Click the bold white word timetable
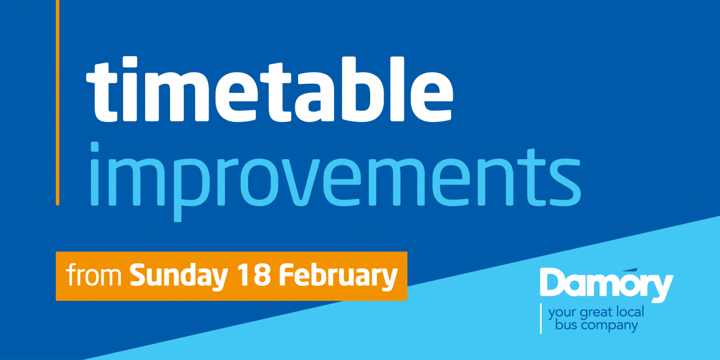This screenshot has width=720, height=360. (269, 89)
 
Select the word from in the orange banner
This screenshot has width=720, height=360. (93, 275)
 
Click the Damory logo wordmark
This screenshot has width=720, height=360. (606, 285)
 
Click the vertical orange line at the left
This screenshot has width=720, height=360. (57, 102)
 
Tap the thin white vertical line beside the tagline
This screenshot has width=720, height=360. (541, 318)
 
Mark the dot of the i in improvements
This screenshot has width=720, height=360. (94, 147)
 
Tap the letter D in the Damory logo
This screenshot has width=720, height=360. (554, 282)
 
